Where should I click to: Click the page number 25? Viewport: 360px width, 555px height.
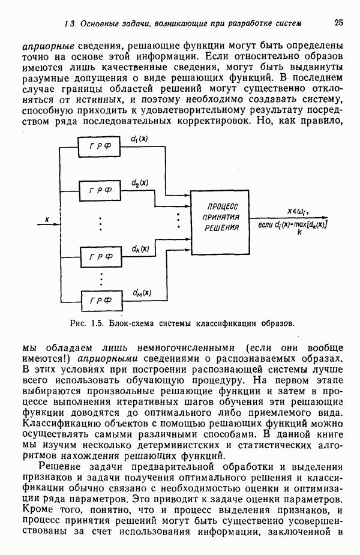click(339, 23)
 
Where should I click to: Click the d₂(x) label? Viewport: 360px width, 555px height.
click(140, 182)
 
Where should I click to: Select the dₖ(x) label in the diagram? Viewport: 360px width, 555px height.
click(140, 248)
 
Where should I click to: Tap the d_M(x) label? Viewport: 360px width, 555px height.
click(142, 293)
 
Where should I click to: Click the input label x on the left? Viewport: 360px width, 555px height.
click(47, 220)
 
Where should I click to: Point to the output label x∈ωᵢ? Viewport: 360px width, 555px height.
click(298, 211)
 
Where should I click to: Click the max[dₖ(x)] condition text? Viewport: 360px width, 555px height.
click(310, 224)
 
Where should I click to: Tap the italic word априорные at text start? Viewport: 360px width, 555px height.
click(47, 46)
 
